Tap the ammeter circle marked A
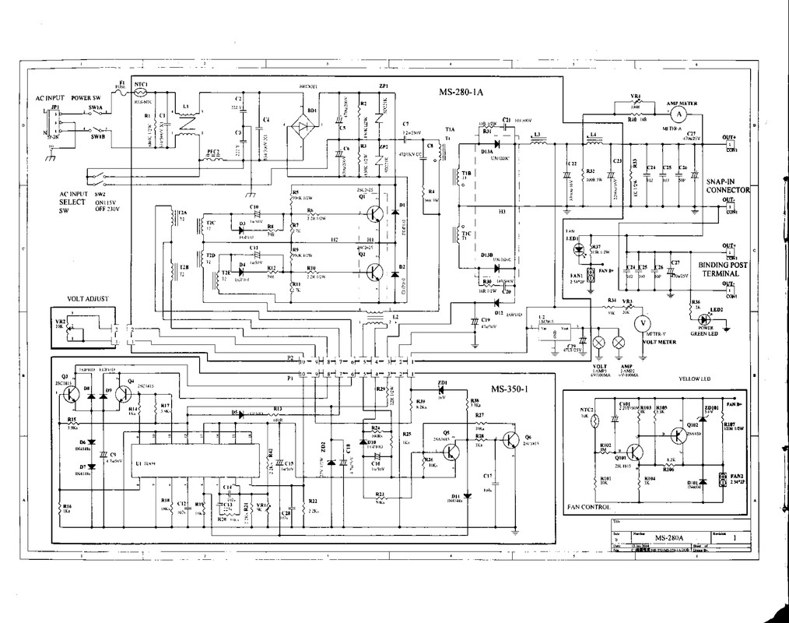point(677,113)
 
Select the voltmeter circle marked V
point(643,322)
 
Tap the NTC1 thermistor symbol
point(142,92)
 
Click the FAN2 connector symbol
point(724,480)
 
